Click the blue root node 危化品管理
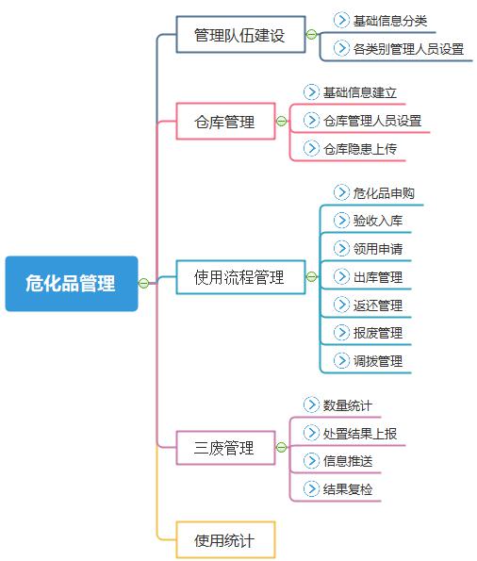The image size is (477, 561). pos(72,284)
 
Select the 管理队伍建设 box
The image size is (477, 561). pos(240,34)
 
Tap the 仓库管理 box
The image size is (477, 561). pos(225,121)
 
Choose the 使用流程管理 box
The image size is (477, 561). pos(240,277)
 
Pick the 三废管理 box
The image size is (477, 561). pos(225,448)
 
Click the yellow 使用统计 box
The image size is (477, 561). pos(225,540)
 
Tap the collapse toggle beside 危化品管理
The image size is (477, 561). pos(143,284)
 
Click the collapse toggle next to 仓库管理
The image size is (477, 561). pos(281,122)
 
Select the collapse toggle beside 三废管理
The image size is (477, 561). pos(281,447)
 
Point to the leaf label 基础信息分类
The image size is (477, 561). pos(390,21)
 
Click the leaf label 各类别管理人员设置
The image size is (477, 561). pos(408,49)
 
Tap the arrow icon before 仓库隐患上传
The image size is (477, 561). pos(311,148)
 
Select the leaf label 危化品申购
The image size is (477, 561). pos(384,193)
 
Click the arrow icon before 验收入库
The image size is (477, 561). pos(341,220)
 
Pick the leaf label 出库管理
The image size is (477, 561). pos(378,277)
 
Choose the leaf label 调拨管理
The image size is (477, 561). pos(378,361)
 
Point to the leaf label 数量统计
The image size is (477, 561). pos(348,405)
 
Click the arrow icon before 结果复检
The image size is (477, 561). pos(311,488)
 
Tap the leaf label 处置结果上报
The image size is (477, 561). pos(360,434)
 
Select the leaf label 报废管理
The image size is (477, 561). pos(378,333)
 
